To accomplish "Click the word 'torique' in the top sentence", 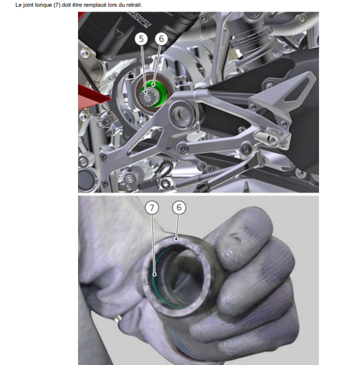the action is pos(43,5).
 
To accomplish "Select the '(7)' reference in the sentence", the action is pos(57,5).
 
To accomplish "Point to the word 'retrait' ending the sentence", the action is pos(134,5).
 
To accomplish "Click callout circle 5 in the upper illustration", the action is pos(141,38).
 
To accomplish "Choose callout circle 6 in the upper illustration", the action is pos(161,38).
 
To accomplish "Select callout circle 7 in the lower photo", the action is pos(151,207).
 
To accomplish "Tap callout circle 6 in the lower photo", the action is pos(179,207).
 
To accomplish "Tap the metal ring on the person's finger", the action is pos(118,318).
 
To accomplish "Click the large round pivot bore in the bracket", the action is pos(182,114).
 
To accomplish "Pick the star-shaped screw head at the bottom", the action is pos(166,185).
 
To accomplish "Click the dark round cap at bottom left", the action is pos(85,180).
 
